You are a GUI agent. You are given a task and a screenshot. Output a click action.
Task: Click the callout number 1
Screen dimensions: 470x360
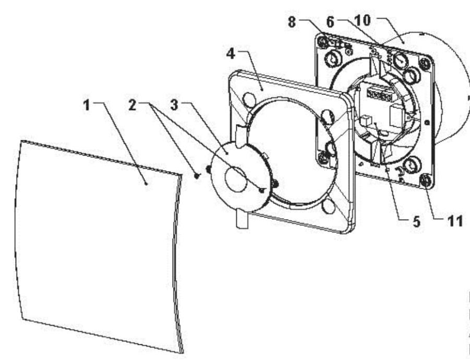tap(87, 105)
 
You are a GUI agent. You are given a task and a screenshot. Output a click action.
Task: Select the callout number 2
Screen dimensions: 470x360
tap(132, 105)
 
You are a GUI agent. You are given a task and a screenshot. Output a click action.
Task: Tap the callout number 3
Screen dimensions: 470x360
tap(174, 105)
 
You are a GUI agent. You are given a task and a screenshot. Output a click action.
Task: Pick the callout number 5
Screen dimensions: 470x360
tap(416, 222)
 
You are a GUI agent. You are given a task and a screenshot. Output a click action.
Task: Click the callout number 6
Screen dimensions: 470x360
tap(330, 21)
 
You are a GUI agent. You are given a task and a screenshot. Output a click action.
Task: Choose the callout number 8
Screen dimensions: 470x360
tap(292, 22)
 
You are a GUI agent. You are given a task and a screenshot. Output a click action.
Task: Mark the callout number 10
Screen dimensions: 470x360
tap(363, 20)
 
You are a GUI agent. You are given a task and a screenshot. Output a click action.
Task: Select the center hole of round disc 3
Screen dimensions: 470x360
tap(237, 179)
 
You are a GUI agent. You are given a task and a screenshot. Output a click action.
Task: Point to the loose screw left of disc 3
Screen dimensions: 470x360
tap(197, 176)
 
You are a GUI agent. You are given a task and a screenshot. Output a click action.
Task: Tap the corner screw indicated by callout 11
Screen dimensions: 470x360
tap(425, 180)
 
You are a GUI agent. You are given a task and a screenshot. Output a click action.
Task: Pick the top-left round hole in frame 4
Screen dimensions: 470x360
tap(249, 100)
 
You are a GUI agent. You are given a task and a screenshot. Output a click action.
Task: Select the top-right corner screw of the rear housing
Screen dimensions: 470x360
tap(425, 63)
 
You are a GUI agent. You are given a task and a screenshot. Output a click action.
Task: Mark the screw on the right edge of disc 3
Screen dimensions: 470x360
tap(275, 184)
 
